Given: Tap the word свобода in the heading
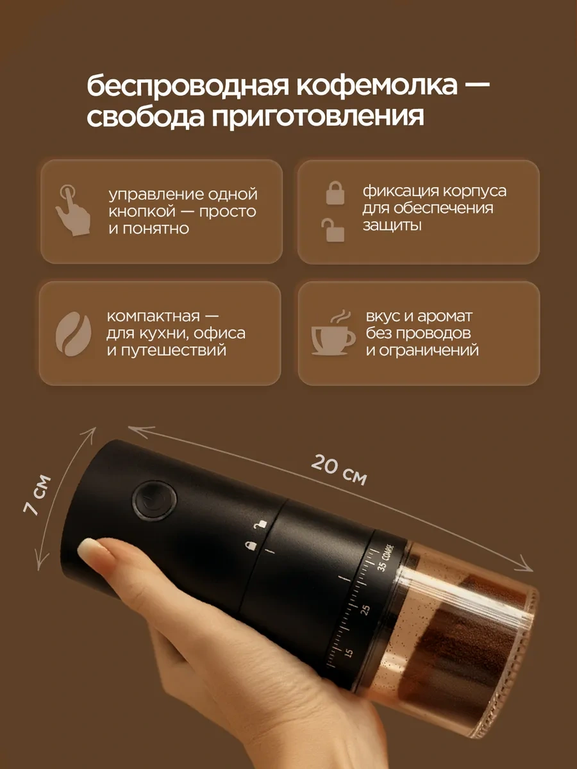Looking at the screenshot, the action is (146, 117).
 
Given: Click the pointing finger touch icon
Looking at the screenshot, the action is (73, 210).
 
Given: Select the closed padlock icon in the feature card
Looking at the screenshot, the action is (335, 193).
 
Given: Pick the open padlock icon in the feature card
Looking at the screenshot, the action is (333, 230).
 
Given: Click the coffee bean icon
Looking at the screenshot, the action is (74, 334).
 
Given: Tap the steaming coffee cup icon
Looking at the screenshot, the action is (333, 333).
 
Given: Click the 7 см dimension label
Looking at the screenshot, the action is (37, 495).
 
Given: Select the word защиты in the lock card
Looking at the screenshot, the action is (392, 226).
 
